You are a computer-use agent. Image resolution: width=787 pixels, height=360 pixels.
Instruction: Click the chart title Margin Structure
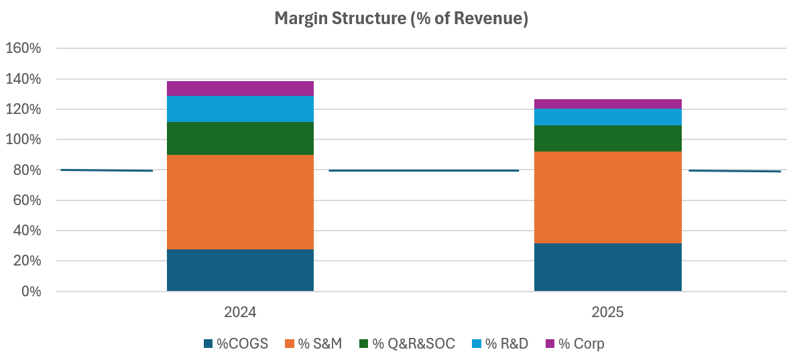click(x=401, y=19)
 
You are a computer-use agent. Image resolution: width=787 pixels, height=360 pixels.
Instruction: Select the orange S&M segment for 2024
click(x=240, y=202)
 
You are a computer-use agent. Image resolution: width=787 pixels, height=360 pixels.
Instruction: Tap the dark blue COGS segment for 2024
click(x=240, y=270)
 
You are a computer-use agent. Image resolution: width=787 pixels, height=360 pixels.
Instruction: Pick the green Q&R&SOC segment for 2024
click(x=240, y=139)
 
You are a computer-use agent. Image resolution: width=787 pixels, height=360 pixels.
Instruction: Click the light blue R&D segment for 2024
click(x=240, y=109)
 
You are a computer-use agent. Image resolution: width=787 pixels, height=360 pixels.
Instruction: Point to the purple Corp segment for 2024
click(x=240, y=88)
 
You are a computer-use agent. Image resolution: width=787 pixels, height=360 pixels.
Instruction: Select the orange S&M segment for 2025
click(x=607, y=197)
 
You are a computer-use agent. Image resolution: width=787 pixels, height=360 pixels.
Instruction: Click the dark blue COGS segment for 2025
click(x=607, y=267)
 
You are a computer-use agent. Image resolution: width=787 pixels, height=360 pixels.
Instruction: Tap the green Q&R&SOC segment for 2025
click(x=607, y=139)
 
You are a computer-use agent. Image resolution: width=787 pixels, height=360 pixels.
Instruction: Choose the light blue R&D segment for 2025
click(x=607, y=117)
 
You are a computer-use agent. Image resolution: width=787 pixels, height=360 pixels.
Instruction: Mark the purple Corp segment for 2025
click(x=607, y=104)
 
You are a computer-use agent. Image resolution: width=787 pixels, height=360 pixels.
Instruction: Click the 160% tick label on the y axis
click(x=23, y=49)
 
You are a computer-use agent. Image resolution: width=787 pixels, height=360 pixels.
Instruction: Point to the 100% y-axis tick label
click(x=23, y=140)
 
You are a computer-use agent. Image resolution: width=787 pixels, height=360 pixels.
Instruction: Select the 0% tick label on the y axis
click(x=30, y=292)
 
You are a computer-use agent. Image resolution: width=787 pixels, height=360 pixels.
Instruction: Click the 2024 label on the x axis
click(x=240, y=312)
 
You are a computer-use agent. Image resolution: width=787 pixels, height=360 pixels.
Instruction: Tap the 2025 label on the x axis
click(x=607, y=312)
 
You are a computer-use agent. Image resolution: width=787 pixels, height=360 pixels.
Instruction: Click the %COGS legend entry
click(x=236, y=344)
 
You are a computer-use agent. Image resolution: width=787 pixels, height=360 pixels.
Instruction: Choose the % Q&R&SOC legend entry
click(x=406, y=344)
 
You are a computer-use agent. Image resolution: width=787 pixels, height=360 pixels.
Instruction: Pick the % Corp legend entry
click(x=574, y=344)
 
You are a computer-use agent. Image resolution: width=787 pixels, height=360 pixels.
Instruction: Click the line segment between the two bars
click(x=424, y=170)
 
